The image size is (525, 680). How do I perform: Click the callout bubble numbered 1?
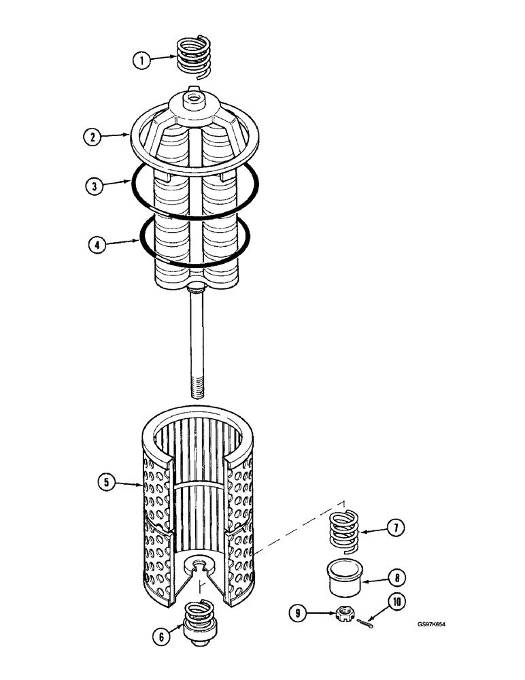point(141,61)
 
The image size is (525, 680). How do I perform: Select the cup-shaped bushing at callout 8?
point(346,576)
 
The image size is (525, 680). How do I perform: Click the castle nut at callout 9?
point(346,615)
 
